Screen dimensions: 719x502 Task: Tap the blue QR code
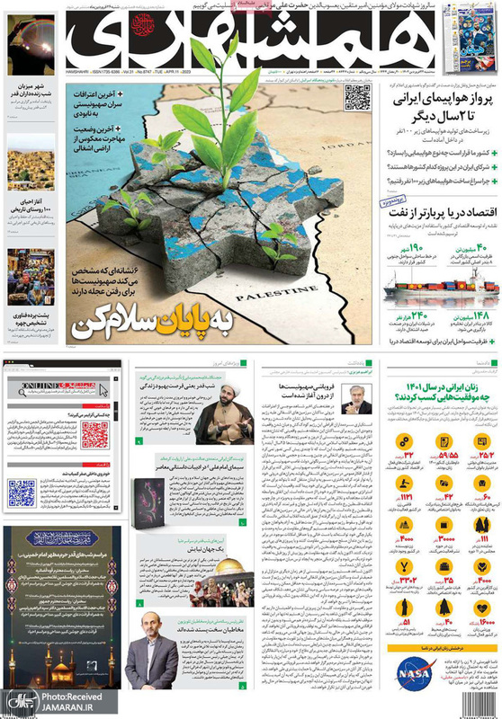tap(22, 493)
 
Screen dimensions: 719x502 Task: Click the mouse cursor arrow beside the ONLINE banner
tap(103, 391)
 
